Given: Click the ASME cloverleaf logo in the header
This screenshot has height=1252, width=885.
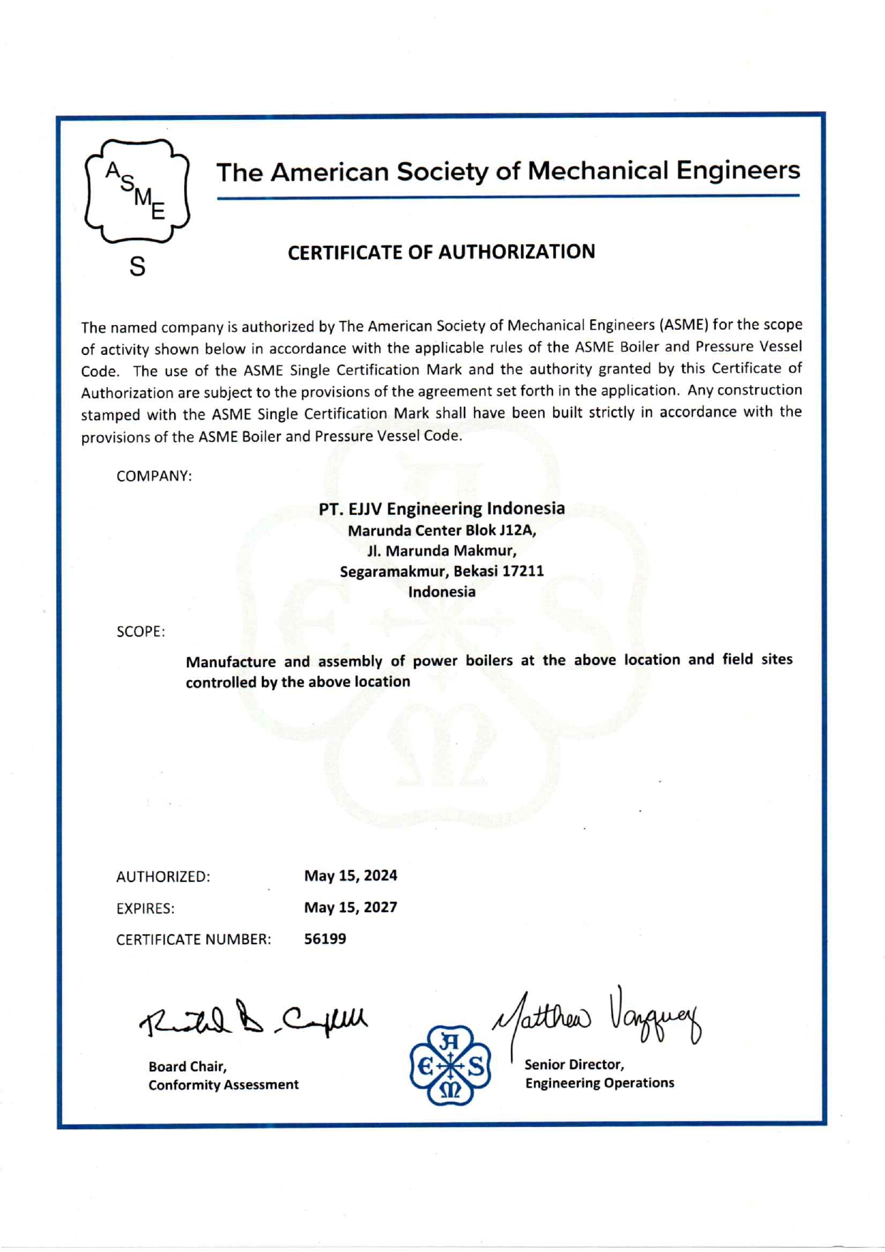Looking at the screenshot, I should coord(137,191).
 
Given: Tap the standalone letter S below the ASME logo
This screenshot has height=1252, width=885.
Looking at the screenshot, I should coord(138,267).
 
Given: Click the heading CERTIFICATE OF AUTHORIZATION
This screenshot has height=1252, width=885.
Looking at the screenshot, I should coord(441,252).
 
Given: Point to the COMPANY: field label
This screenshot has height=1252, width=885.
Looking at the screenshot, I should coord(154,476).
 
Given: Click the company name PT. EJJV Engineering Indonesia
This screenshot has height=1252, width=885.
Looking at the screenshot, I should coord(442,509).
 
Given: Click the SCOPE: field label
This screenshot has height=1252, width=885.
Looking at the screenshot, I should coord(141,632).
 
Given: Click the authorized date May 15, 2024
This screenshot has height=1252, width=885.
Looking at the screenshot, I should coord(350,876).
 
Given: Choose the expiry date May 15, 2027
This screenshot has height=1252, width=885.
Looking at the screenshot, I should coord(350,907).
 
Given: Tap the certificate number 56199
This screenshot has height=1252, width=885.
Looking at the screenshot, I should coord(325,938).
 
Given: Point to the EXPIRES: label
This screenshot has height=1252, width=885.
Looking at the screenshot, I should coord(146,908).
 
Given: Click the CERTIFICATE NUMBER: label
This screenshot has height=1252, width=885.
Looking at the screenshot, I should coord(193,940).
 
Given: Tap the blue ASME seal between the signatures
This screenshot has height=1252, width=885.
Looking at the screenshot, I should coord(450,1066).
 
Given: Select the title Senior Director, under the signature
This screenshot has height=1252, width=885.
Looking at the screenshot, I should coord(575,1065).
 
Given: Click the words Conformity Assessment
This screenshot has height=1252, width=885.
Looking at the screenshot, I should coord(223,1085).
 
